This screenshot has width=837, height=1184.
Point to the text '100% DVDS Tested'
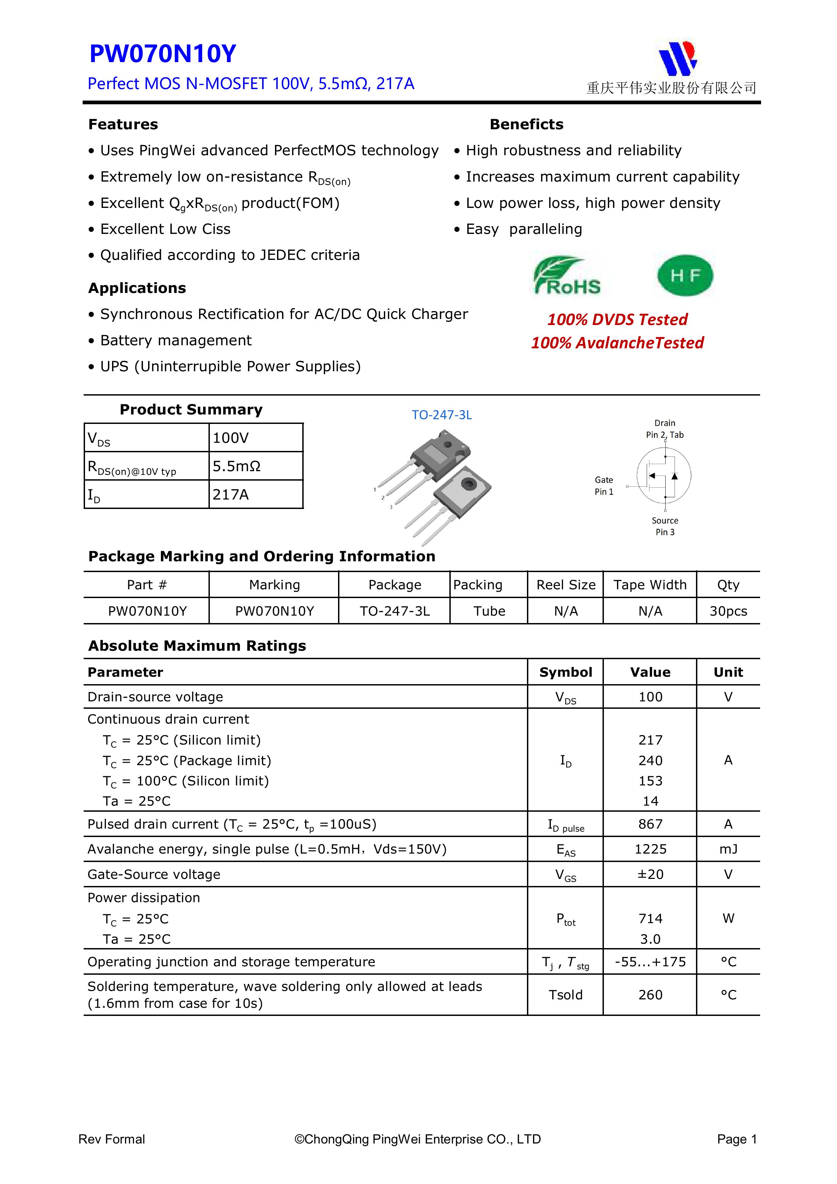617,320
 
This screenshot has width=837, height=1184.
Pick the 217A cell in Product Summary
230,494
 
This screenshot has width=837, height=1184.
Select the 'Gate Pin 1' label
604,486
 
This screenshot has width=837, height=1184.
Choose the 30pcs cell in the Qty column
728,611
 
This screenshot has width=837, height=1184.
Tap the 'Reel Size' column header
565,585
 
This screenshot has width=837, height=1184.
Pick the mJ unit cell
728,849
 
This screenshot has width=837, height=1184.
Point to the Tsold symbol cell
565,995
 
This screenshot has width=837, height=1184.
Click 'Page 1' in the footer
736,1139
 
